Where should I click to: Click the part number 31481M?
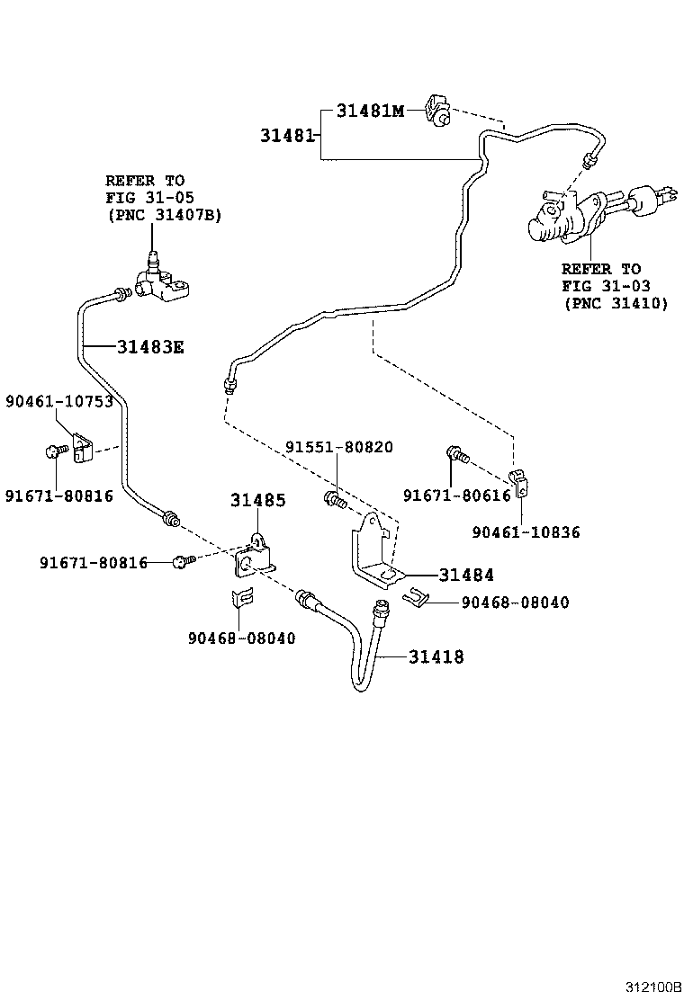coord(370,112)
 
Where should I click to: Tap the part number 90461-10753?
coord(59,401)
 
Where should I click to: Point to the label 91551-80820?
coord(339,447)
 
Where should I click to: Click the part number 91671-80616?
coord(456,496)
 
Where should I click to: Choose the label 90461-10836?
coord(526,532)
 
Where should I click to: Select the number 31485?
coord(257,500)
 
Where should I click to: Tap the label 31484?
coord(466,575)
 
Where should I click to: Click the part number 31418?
coord(436,656)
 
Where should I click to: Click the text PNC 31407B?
coord(163,215)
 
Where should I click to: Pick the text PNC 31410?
coord(616,304)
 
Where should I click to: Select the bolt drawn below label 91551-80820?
coord(336,499)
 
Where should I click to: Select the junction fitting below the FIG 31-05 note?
coord(163,281)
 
